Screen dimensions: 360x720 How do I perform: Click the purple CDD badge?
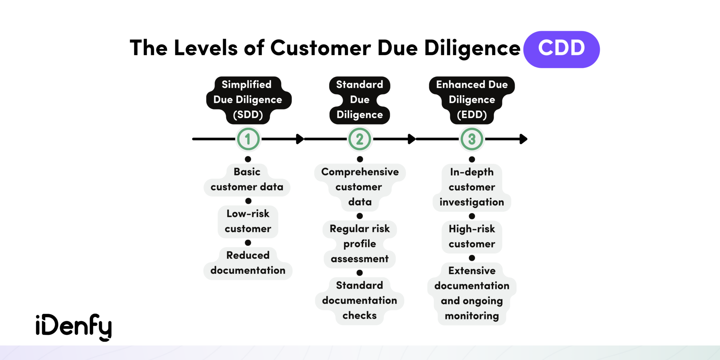click(x=561, y=49)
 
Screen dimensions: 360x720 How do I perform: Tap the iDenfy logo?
click(x=73, y=327)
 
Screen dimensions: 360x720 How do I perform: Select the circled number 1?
click(x=248, y=139)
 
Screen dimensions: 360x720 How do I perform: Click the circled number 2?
click(x=360, y=139)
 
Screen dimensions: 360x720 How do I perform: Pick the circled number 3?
click(x=472, y=139)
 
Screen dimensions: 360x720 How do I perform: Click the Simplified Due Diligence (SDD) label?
click(x=248, y=100)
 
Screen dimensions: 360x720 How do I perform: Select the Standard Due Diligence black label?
click(x=360, y=100)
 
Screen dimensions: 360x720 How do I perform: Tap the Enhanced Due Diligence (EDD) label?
click(x=472, y=100)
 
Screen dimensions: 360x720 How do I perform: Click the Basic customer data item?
click(x=247, y=180)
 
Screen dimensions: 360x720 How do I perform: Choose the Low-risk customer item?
click(x=248, y=221)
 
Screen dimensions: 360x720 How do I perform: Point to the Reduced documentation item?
click(x=248, y=263)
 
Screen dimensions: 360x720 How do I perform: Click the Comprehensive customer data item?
click(x=360, y=187)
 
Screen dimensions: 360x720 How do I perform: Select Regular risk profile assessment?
click(x=360, y=244)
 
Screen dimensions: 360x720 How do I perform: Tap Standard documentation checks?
click(x=360, y=300)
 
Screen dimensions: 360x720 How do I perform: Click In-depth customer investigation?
click(x=472, y=187)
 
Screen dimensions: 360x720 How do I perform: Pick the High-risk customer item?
click(x=472, y=236)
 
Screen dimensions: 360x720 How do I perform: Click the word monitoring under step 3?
click(x=472, y=316)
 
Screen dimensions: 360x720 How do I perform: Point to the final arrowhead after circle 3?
click(x=523, y=139)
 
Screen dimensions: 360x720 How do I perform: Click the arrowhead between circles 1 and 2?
click(x=300, y=139)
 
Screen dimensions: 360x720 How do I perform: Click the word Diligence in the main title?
click(x=472, y=48)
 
